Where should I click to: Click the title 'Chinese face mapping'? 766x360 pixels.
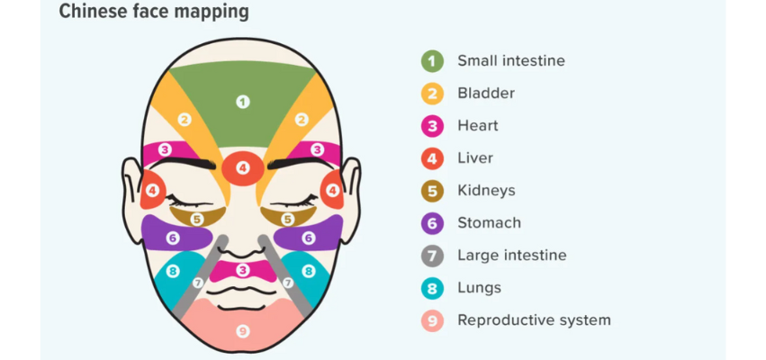(154, 13)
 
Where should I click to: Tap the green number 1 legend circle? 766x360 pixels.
(432, 61)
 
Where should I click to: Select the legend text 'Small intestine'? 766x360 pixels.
(510, 61)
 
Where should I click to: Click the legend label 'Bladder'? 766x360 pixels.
(486, 94)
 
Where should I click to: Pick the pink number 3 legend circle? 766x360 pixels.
(432, 126)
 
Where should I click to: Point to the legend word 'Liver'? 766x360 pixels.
(476, 158)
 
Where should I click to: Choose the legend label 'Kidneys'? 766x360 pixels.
(486, 191)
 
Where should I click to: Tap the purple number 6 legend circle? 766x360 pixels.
(432, 223)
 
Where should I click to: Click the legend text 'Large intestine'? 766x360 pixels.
(511, 256)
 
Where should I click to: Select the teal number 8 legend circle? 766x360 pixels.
(432, 288)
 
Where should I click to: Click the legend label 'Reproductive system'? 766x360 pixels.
(534, 320)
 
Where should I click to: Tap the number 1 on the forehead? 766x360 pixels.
(242, 102)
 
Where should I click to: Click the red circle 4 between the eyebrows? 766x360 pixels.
(242, 167)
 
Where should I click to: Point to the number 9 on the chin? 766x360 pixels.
(242, 331)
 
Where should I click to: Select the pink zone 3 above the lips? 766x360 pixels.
(242, 269)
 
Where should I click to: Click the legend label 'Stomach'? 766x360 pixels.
(489, 223)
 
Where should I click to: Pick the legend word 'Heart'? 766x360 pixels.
(477, 126)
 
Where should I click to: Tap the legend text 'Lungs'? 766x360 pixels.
(479, 288)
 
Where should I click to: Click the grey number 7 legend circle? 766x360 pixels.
(432, 256)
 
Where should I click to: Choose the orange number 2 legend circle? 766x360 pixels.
(432, 94)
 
